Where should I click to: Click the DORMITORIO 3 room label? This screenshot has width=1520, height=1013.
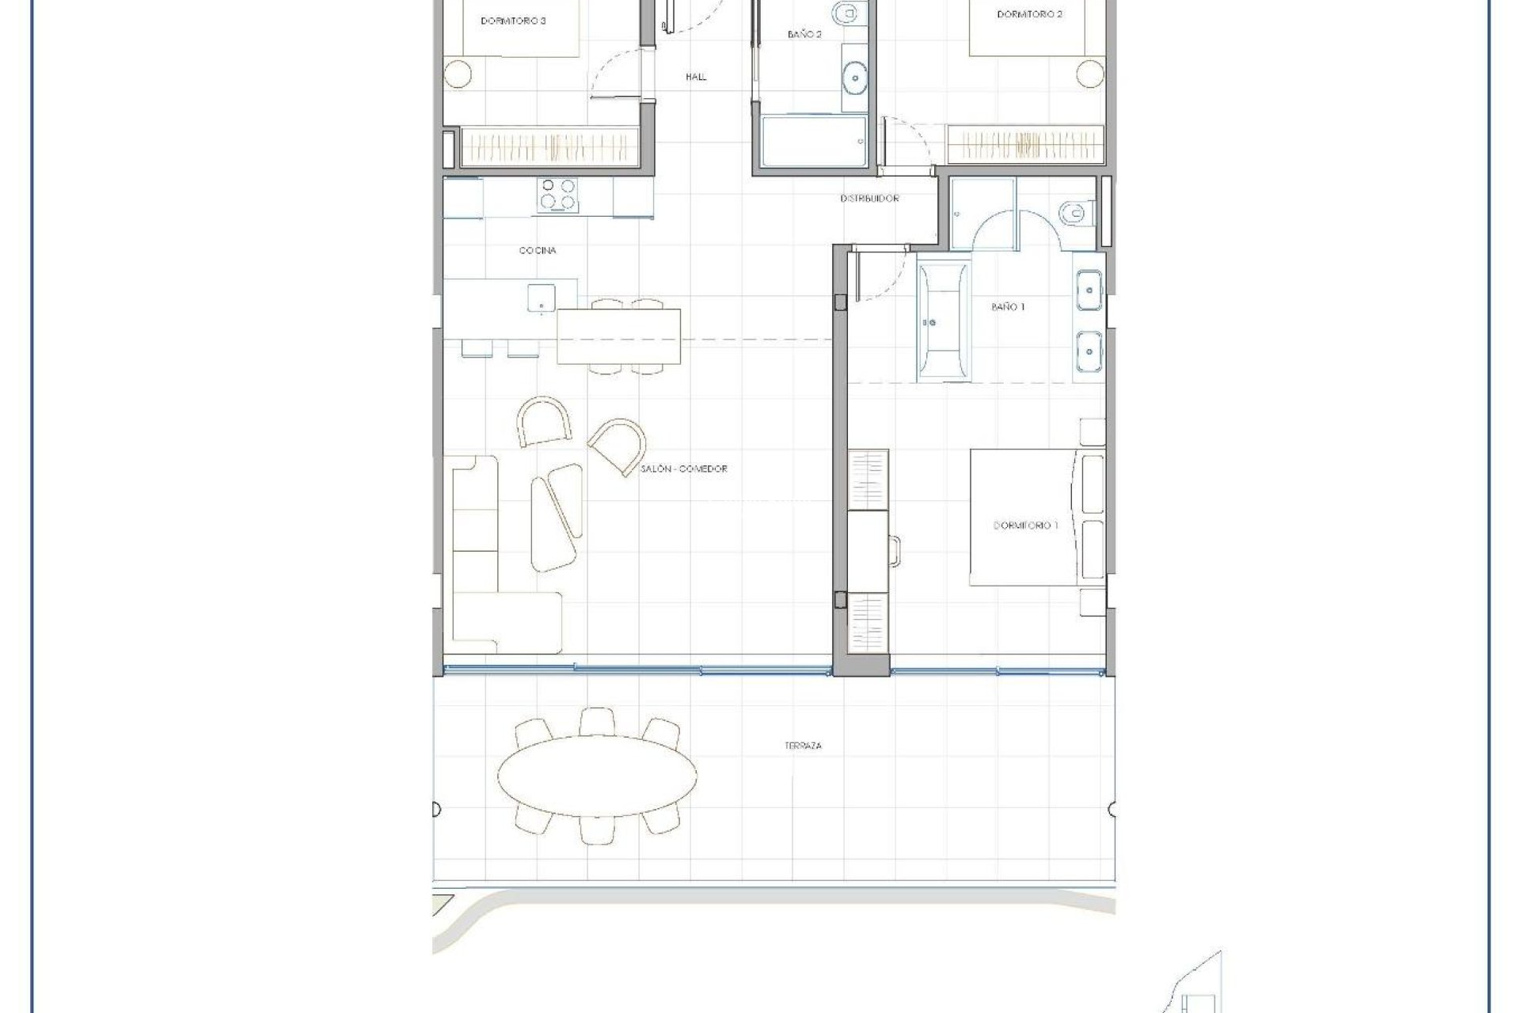pos(513,21)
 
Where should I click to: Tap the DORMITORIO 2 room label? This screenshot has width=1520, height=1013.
pos(1029,14)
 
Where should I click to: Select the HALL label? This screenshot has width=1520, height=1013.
pos(696,77)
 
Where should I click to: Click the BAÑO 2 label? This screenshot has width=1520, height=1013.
pos(804,35)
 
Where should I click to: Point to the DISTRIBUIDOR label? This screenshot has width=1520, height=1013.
pos(869,199)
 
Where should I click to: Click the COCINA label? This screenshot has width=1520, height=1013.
pos(538,250)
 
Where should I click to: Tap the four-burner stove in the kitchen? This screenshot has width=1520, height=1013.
pos(557,195)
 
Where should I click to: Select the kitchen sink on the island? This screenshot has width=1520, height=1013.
pos(541,298)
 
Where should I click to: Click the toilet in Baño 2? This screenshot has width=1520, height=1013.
pos(847,13)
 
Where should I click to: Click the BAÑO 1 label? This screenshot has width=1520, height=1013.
pos(1008,306)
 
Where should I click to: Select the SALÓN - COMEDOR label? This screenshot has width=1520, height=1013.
pos(684,469)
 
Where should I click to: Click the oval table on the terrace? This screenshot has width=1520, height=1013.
pos(597,776)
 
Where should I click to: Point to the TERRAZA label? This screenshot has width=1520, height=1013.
pos(803,746)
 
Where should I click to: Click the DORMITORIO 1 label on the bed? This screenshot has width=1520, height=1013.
pos(1024,525)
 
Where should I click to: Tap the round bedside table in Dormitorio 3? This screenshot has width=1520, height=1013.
pos(457,74)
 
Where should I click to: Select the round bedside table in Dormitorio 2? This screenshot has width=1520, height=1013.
pos(1090,74)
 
